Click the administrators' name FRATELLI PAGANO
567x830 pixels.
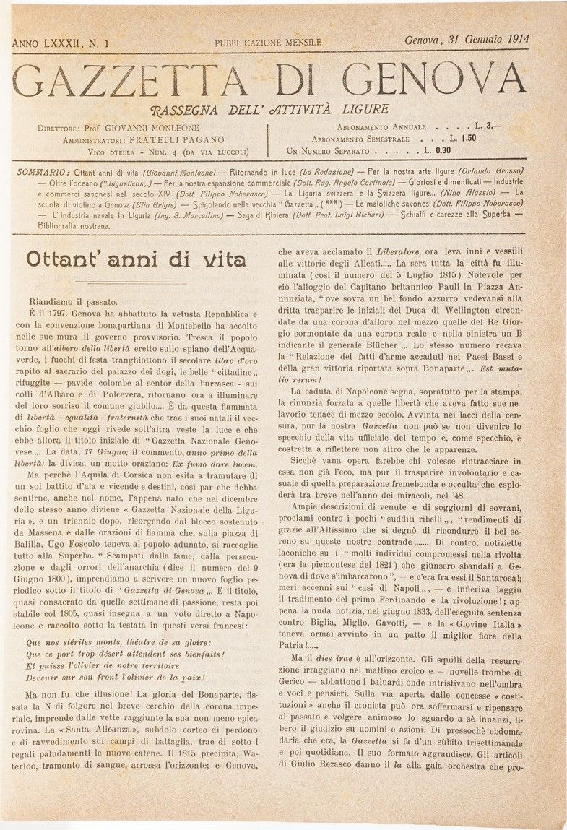178,139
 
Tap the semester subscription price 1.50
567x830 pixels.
467,138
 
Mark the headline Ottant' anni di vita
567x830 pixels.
135,259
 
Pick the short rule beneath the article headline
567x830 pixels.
134,282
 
